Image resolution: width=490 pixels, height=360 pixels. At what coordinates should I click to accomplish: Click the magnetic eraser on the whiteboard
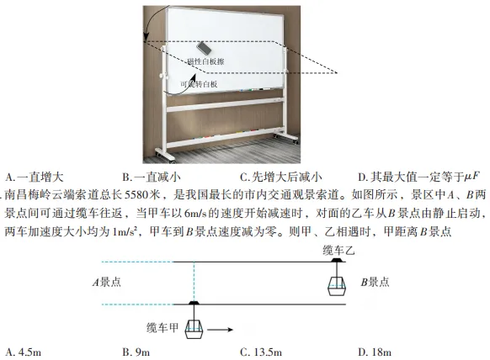204,48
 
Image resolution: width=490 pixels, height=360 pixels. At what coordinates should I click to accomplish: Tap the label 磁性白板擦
206,61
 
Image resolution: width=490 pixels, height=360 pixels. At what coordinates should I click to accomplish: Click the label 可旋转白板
199,84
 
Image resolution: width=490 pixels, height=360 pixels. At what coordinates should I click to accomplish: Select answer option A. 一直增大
35,177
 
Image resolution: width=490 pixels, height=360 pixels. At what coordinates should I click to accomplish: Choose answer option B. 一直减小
152,177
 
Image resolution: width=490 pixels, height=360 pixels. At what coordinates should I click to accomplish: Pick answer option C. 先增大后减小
281,177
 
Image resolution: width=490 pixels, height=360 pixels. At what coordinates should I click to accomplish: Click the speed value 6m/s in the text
195,214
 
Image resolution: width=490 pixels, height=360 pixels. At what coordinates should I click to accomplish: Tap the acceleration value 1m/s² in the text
125,232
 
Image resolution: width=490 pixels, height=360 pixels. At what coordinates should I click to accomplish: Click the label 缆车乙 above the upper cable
338,251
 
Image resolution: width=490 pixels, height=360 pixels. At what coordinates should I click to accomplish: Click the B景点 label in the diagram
375,282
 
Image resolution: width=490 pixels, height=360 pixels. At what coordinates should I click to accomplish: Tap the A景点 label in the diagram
107,283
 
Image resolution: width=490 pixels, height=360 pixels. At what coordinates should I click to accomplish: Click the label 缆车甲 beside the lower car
162,328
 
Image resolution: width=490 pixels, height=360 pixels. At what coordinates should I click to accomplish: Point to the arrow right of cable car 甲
220,330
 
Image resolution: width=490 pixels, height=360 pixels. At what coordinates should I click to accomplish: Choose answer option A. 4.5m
24,352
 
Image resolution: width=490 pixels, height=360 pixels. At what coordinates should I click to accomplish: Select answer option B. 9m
136,352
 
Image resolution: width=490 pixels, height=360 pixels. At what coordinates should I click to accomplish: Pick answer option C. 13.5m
261,352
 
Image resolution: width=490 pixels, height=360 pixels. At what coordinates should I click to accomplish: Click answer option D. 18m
375,352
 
